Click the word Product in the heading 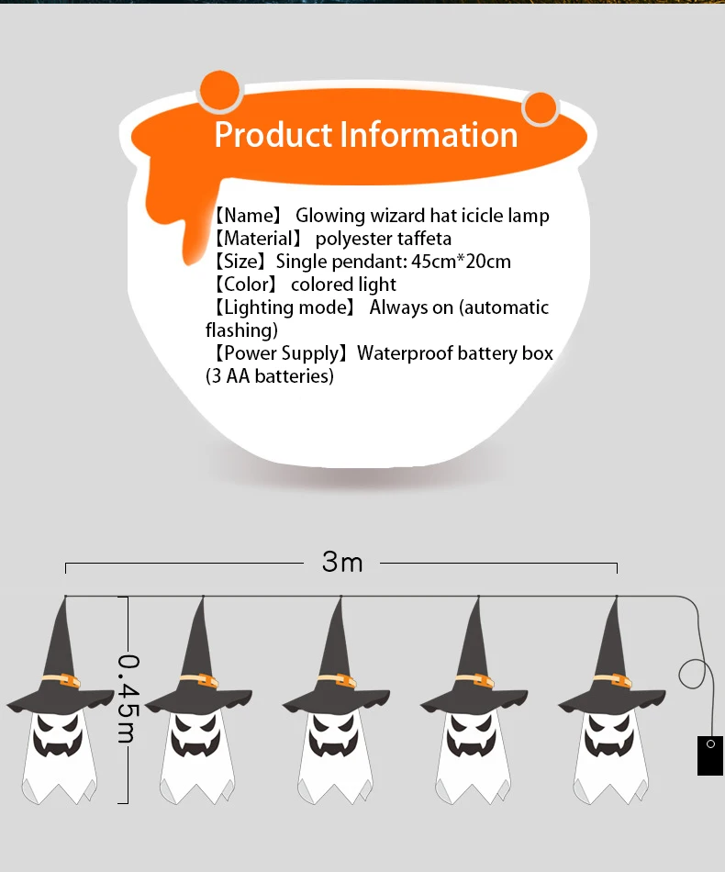(273, 135)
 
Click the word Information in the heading (429, 135)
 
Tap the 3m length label (342, 562)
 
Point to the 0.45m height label (128, 698)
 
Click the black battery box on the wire (709, 755)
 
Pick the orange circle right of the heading (541, 109)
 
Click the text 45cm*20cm (461, 262)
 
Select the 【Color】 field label (244, 285)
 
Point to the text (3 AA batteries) (270, 376)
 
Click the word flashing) (241, 330)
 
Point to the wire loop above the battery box (695, 675)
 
